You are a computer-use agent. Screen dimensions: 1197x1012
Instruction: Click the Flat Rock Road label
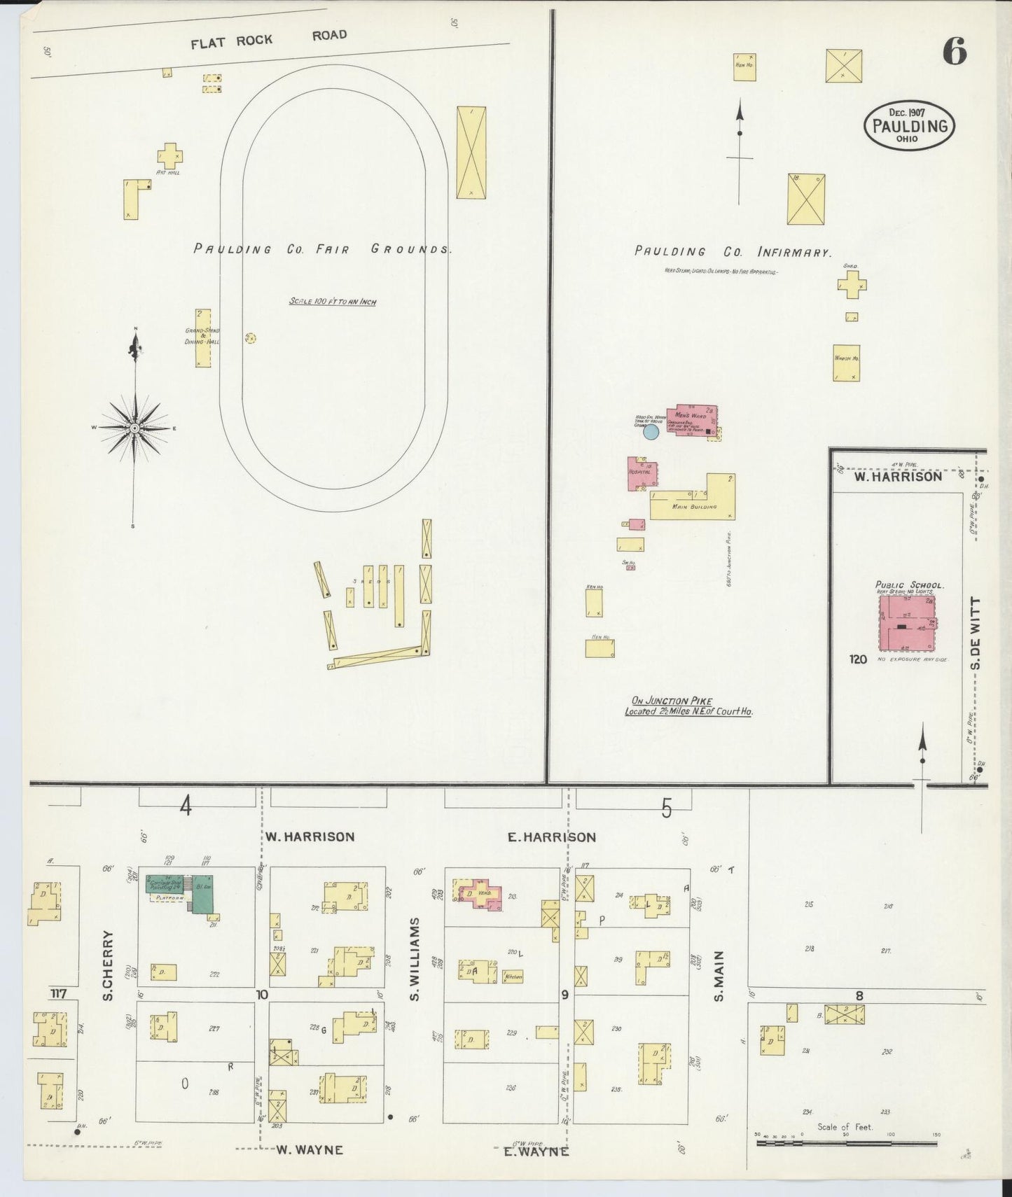click(270, 39)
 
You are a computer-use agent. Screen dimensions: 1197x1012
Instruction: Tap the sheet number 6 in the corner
click(954, 52)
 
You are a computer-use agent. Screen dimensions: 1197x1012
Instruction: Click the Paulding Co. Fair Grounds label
click(322, 249)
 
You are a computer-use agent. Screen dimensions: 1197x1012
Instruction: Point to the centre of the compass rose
click(134, 428)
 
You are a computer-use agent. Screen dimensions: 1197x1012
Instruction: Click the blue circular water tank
click(651, 432)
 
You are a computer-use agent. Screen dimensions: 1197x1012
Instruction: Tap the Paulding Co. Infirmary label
click(733, 252)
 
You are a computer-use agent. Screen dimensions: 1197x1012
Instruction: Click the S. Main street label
click(719, 975)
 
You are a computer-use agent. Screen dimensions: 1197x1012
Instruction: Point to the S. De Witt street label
click(977, 633)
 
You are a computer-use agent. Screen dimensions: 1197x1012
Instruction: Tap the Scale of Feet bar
click(846, 1143)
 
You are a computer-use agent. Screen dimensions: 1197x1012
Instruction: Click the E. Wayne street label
click(536, 1151)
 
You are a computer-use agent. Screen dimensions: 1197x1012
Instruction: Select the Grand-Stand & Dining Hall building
click(203, 338)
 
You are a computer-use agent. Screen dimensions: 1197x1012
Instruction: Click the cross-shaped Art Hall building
click(169, 155)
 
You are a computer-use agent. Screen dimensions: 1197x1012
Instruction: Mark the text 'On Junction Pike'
click(672, 701)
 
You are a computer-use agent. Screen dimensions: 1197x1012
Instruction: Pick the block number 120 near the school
click(858, 659)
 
